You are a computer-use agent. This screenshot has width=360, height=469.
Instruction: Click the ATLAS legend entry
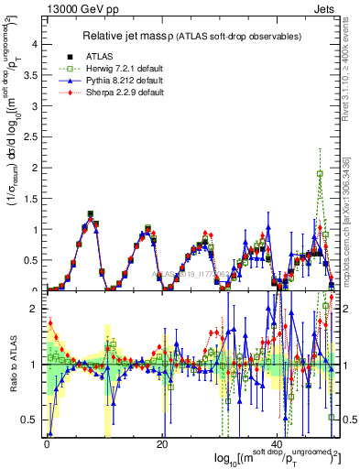tap(108, 57)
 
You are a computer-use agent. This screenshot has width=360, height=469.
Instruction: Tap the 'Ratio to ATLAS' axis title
tap(13, 366)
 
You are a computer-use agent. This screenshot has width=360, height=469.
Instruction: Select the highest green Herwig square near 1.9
tap(320, 173)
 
